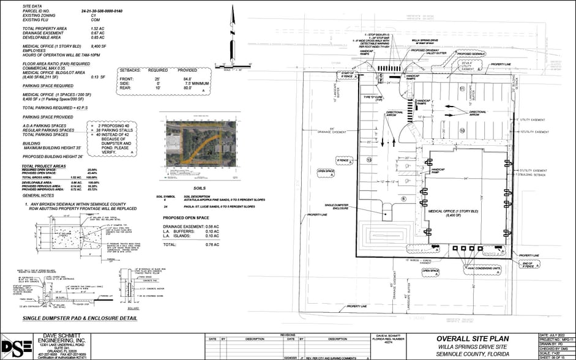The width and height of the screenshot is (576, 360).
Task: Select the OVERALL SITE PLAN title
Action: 471,339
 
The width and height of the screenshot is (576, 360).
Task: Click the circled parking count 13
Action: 369,160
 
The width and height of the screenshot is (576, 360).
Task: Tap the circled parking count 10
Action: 463,130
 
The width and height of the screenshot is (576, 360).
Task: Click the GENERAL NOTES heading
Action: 40,196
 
